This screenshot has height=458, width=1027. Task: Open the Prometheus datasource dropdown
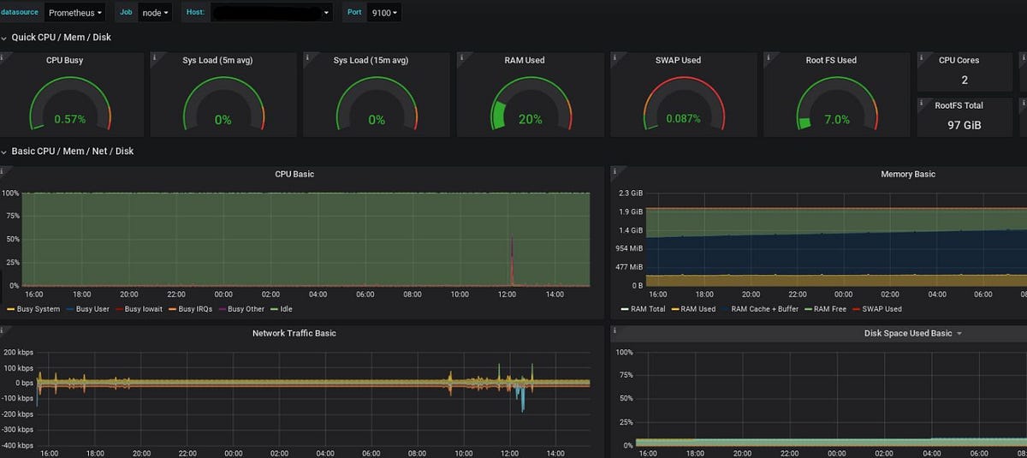click(74, 13)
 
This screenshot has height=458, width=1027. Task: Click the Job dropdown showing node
click(156, 13)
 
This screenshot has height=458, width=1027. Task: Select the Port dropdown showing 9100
click(383, 13)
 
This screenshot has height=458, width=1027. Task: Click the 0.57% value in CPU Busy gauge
click(69, 120)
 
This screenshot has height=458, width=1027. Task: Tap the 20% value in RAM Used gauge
click(530, 120)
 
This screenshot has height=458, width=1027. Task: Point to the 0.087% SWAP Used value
click(683, 120)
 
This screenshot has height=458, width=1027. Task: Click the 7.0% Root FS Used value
click(836, 120)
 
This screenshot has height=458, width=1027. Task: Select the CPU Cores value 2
click(965, 80)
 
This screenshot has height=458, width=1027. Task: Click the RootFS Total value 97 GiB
click(965, 125)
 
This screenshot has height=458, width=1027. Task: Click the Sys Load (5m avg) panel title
click(217, 61)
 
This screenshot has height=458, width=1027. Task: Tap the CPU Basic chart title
click(294, 175)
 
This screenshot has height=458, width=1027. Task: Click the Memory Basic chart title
click(907, 175)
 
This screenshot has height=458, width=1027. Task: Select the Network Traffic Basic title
click(294, 333)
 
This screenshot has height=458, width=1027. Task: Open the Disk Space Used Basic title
click(907, 333)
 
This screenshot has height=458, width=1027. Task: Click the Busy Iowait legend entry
click(144, 309)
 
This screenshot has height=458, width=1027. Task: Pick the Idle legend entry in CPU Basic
click(285, 309)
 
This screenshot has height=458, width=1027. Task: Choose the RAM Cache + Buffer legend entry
click(766, 309)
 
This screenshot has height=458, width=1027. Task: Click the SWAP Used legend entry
click(882, 309)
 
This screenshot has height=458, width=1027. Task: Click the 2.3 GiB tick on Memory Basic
click(631, 193)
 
